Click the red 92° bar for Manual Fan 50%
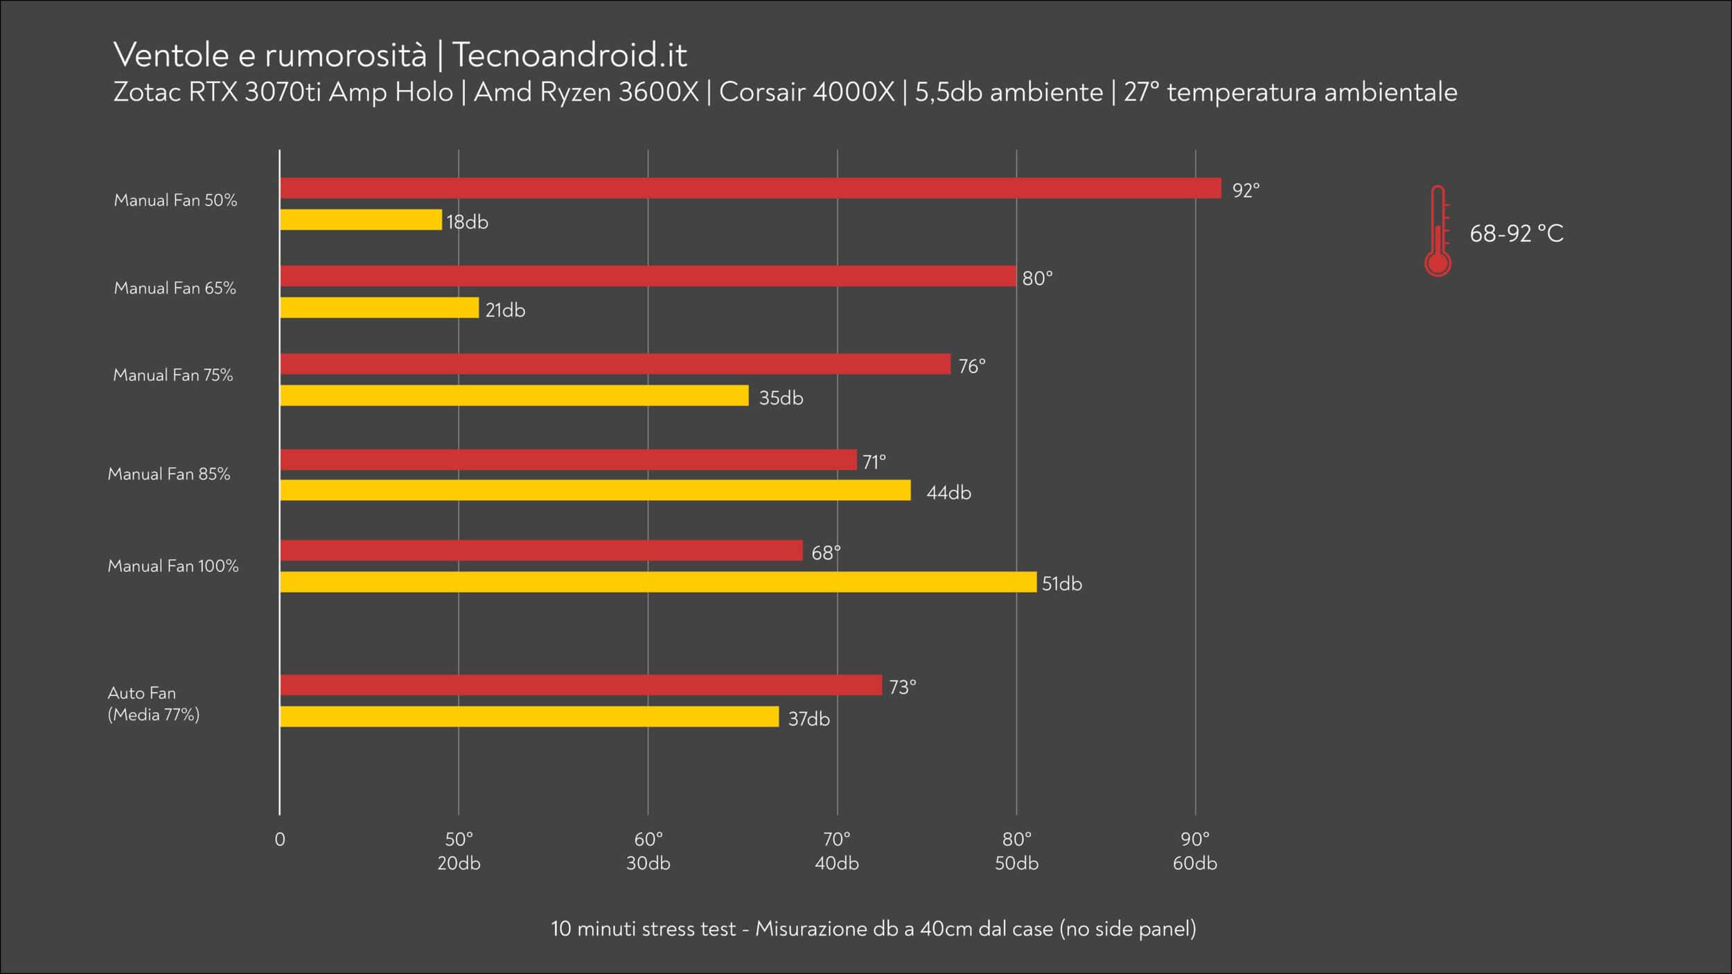751,188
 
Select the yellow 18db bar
361,220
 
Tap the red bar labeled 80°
648,276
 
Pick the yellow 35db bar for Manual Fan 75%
515,396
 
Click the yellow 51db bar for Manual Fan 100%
659,582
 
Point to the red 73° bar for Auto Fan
581,685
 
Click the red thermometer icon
1438,231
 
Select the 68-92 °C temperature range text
1517,233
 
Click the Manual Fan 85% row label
169,474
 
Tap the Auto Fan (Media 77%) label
154,704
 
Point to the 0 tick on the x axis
280,840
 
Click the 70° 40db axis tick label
837,851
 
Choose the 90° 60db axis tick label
1195,851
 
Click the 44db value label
949,493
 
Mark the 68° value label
826,553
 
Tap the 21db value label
505,310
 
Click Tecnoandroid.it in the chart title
569,55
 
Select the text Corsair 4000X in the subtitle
807,92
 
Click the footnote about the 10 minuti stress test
874,928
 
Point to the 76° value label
972,366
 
